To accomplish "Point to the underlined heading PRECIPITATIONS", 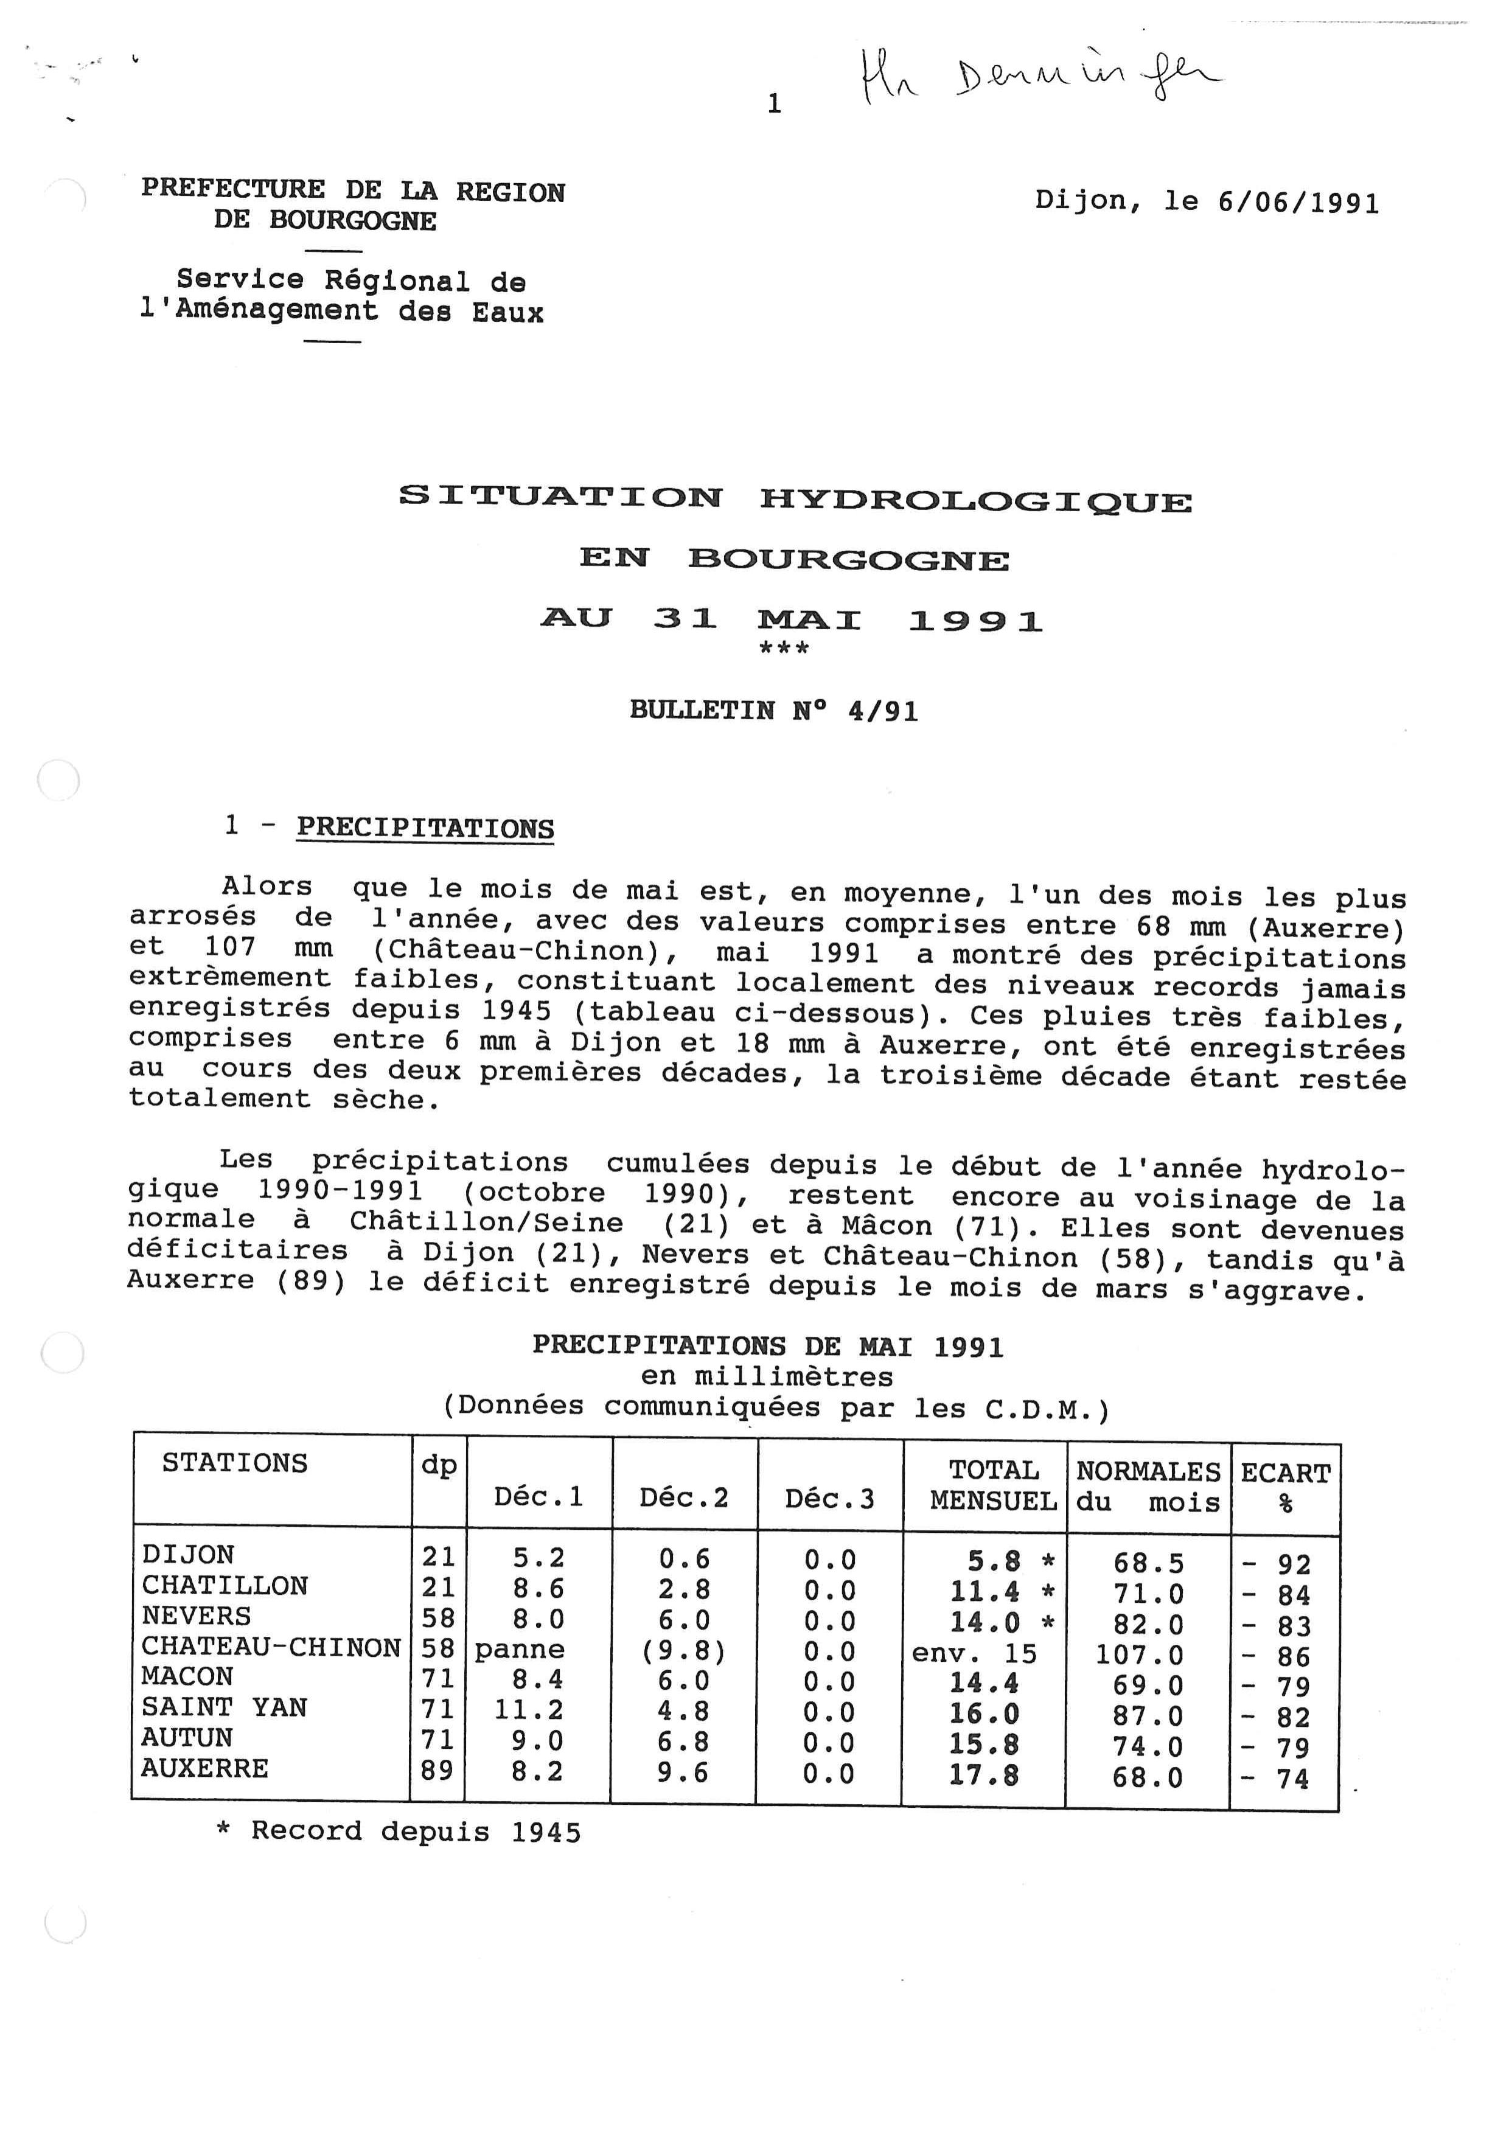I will click(x=425, y=828).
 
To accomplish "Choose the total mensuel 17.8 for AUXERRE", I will click(x=983, y=1774).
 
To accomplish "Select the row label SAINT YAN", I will click(x=224, y=1707).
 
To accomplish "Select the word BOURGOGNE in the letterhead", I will click(x=352, y=221).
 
